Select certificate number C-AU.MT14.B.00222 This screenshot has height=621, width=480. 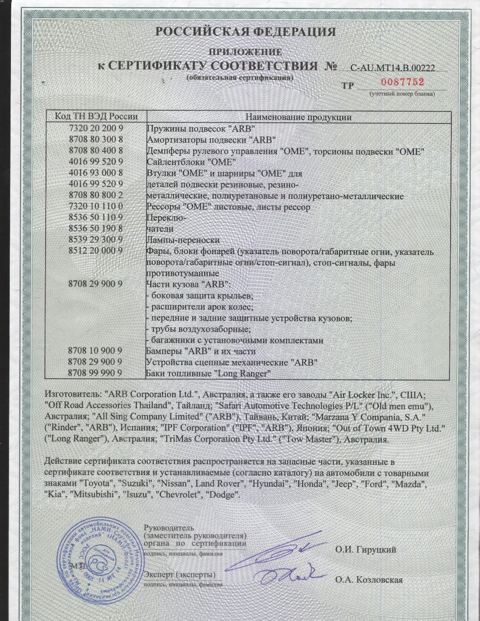click(x=393, y=68)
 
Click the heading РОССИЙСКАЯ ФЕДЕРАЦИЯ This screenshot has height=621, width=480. click(x=245, y=32)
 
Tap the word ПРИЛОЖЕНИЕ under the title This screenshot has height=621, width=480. click(x=245, y=52)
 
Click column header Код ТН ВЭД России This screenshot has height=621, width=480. click(x=96, y=117)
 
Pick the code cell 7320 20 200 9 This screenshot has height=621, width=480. click(x=96, y=128)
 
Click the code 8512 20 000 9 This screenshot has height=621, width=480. click(x=96, y=251)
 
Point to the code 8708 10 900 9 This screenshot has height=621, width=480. click(x=96, y=351)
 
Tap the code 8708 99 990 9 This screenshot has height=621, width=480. click(x=96, y=373)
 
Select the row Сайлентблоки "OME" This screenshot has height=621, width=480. click(x=191, y=162)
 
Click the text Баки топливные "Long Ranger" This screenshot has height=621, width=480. click(x=209, y=374)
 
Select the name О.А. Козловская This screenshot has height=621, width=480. click(x=369, y=580)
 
